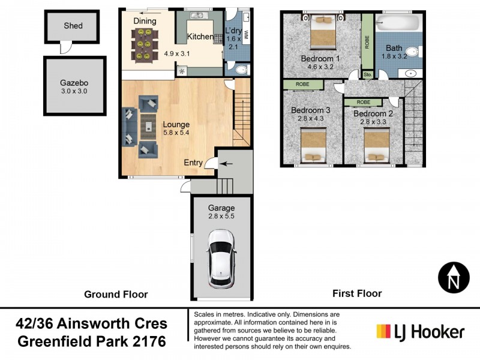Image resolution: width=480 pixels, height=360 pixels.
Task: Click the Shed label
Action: point(73,26)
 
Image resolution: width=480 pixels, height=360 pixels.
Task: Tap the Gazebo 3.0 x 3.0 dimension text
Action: point(74,91)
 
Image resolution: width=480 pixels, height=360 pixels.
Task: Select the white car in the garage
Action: point(221,259)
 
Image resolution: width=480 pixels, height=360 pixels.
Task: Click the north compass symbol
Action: point(454,278)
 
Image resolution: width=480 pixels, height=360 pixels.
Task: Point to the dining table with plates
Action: point(145,44)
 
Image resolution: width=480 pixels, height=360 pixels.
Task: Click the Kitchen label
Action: point(200,37)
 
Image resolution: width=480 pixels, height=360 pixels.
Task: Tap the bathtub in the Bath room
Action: point(397,23)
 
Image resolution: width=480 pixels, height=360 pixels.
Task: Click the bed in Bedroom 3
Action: point(313,145)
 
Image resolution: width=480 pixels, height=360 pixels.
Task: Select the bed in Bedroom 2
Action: point(377,145)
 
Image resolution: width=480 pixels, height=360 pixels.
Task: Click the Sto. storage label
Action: point(368,74)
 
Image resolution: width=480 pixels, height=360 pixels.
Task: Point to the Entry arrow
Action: point(227,164)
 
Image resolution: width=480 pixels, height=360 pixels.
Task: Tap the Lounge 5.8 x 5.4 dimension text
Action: point(176,133)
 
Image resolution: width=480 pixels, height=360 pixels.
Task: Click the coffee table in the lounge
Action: point(148,127)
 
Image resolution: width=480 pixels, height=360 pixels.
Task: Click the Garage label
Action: point(221,208)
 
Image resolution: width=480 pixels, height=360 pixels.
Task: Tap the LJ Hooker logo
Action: point(421,332)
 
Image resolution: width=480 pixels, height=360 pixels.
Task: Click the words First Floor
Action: point(357,293)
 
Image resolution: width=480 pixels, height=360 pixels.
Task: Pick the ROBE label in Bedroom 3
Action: point(302,84)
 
